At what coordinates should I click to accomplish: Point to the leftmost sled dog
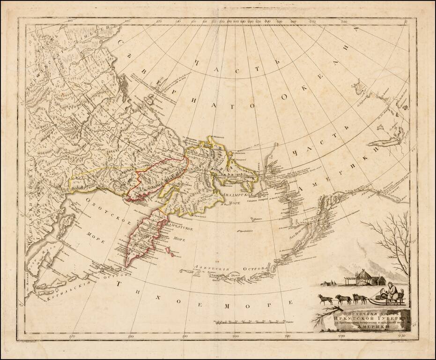pyautogui.click(x=325, y=299)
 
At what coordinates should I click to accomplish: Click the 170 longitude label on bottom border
pyautogui.click(x=72, y=337)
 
